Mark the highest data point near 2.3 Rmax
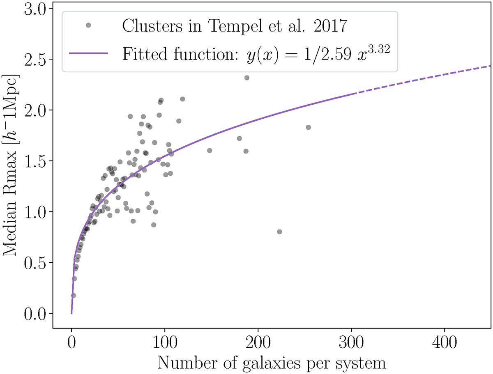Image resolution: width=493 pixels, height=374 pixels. (x=247, y=78)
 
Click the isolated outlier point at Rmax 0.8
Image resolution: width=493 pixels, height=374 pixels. (x=279, y=232)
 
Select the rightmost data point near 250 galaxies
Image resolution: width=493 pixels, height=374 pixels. (x=309, y=127)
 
